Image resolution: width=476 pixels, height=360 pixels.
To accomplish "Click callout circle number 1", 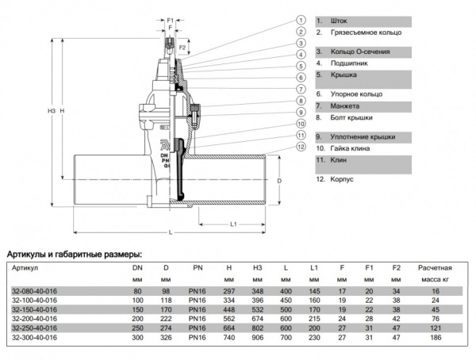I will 301,19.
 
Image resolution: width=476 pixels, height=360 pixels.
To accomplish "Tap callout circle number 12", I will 301,146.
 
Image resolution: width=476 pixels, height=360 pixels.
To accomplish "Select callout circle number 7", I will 301,89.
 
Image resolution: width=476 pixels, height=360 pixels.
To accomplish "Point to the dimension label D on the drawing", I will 279,182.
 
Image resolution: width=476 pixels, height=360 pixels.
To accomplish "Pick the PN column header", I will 197,267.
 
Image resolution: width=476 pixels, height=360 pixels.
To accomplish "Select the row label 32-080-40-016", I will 34,292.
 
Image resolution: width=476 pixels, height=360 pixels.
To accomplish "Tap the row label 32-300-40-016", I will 34,336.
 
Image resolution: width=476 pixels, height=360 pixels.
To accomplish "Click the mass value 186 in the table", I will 435,336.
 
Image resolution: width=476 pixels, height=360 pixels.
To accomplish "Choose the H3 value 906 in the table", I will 257,336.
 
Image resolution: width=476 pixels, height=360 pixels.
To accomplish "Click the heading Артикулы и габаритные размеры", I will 75,254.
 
